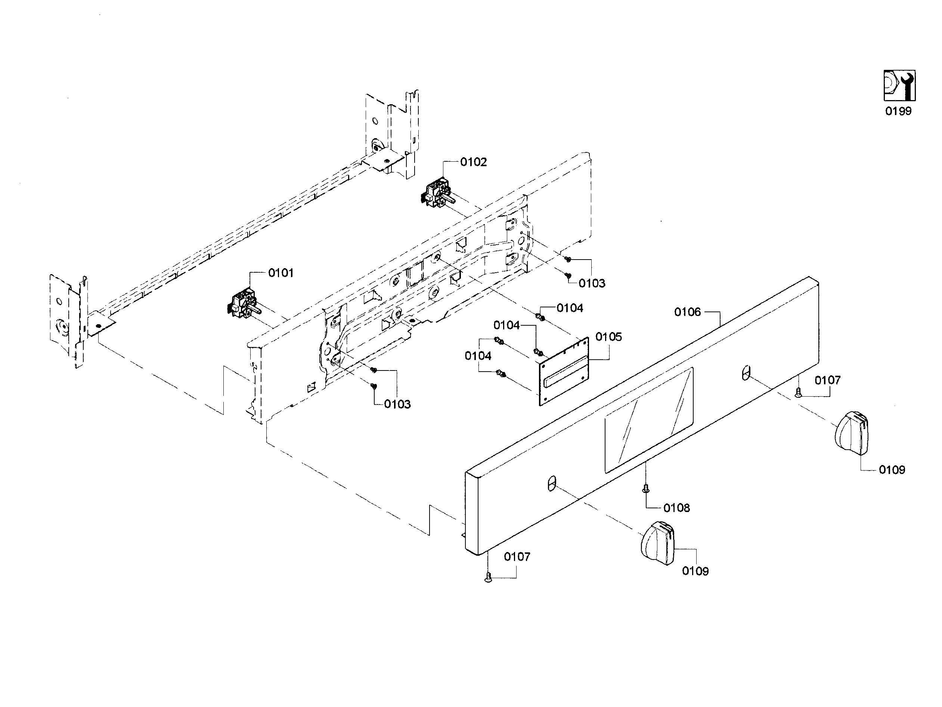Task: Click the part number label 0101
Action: (x=281, y=273)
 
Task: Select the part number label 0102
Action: (x=473, y=162)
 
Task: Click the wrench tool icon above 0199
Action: (x=899, y=86)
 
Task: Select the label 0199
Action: (x=898, y=111)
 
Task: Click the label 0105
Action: (x=608, y=337)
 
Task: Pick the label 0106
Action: (x=687, y=312)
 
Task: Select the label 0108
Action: (x=676, y=508)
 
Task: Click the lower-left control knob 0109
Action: (x=657, y=543)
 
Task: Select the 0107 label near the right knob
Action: (x=827, y=380)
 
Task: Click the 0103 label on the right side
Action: (x=592, y=283)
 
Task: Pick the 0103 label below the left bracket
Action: (x=397, y=404)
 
